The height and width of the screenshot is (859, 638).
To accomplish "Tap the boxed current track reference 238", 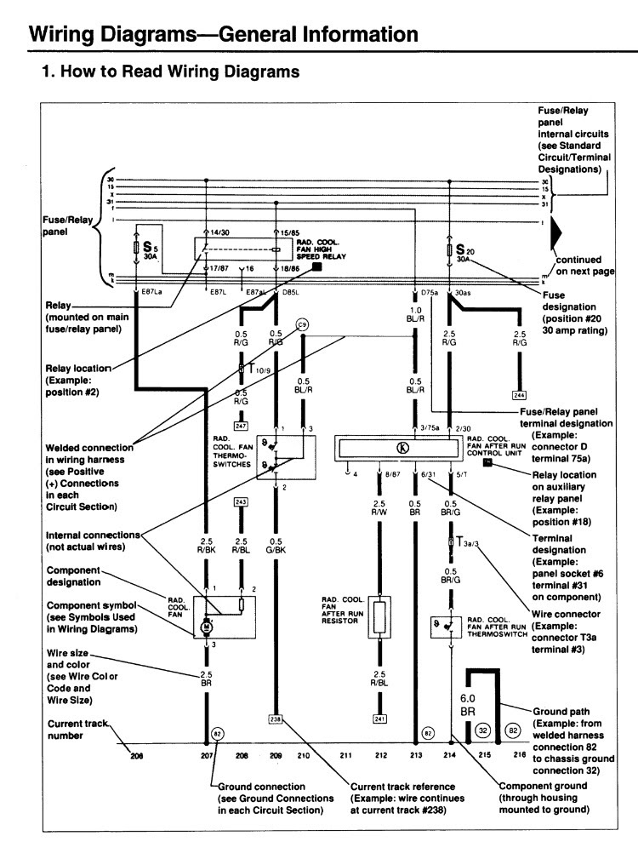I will pos(275,718).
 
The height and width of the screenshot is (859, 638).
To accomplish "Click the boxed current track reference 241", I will pos(380,718).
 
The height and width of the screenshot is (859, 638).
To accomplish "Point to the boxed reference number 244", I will pos(518,394).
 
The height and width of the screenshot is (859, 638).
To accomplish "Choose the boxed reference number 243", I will pos(241,501).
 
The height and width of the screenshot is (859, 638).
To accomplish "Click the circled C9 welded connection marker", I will pos(301,324).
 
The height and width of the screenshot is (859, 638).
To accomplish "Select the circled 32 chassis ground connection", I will pos(481,730).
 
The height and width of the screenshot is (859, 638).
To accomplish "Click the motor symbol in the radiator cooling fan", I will pos(206,627).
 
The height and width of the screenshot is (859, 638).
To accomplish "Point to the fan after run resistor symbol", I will pos(380,616).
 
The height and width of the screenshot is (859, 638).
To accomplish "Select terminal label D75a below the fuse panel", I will pos(429,294).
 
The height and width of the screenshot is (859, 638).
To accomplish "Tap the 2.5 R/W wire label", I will pos(380,508).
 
